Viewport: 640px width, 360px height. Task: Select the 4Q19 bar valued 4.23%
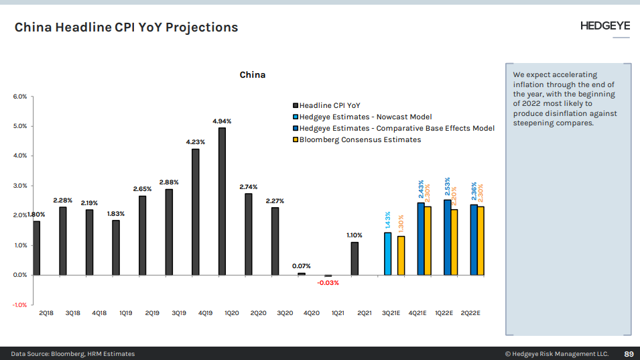pos(195,212)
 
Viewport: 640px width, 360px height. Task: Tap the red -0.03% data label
pos(328,283)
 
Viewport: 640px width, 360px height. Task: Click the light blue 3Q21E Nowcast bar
pos(387,253)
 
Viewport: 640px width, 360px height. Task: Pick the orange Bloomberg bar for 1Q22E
pos(454,242)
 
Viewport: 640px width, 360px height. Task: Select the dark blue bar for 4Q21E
pos(421,239)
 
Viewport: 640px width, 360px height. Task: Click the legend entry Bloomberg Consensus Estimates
pos(360,139)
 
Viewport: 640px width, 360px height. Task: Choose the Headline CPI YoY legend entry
pos(330,105)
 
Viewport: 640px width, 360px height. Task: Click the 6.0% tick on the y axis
pos(20,97)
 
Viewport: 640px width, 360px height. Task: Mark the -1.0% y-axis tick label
pos(19,305)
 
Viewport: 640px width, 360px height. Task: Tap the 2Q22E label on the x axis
pos(470,313)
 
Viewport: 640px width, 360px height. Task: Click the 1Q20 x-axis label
pos(231,313)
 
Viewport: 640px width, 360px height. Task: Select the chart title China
pos(253,74)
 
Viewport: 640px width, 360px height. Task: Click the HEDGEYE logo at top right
pos(604,26)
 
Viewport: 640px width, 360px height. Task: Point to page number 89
pos(629,353)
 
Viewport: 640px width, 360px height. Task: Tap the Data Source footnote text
pos(72,353)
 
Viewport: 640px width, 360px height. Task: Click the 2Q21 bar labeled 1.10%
pos(355,258)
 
